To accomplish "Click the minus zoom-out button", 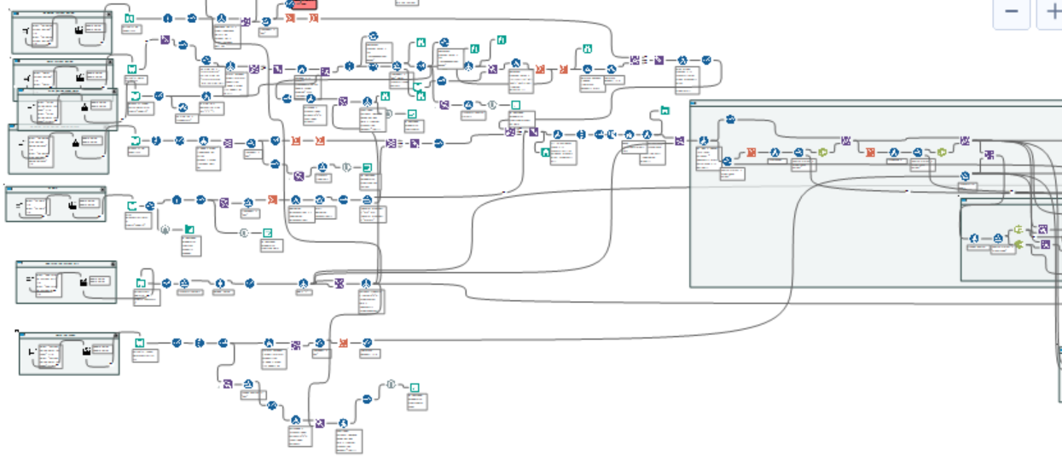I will point(1012,11).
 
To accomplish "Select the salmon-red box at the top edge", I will point(300,4).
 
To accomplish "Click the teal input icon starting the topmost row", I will point(129,18).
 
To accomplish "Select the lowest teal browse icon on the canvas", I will point(415,388).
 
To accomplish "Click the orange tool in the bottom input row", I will point(343,343).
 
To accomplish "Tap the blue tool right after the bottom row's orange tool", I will point(367,343).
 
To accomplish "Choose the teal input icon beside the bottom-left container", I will point(137,343).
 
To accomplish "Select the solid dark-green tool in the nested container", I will point(1018,246).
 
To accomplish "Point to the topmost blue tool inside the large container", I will point(730,120).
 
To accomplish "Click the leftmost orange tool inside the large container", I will point(752,153).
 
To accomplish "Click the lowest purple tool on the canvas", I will point(320,423).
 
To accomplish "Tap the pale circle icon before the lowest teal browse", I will point(390,385).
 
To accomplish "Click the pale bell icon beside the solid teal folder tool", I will point(165,229).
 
